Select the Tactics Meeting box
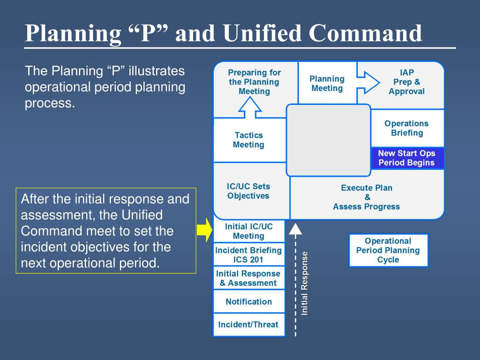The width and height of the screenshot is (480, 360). pos(248,140)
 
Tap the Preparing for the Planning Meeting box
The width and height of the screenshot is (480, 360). pos(254,82)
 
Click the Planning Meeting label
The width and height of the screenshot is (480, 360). pos(327,83)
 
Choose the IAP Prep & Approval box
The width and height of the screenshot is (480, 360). pos(406,82)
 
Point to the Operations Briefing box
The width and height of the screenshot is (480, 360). pos(406,128)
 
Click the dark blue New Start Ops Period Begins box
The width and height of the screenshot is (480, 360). pos(406,158)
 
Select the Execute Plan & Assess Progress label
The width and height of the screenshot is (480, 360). pos(367,197)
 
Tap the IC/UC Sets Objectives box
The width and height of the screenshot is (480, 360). pos(248,191)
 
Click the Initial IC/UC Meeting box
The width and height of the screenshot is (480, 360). pos(248,231)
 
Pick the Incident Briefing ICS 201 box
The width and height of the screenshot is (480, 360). pos(248,255)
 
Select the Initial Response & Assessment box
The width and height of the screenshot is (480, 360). pos(248,278)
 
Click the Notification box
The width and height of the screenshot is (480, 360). pos(248,301)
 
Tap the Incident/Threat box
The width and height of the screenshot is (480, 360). pos(248,324)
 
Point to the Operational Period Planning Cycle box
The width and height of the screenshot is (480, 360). pos(388,250)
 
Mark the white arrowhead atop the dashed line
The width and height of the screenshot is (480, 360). pos(295,228)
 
